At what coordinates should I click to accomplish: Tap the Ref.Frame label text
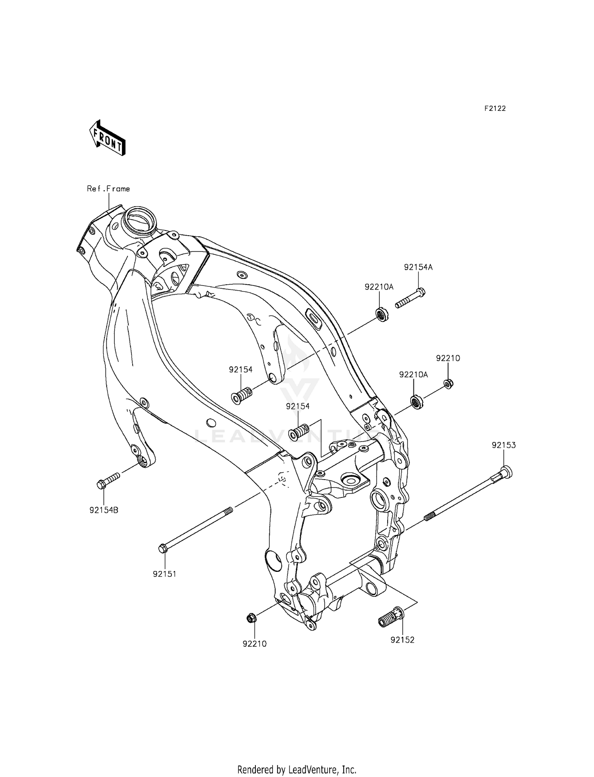pyautogui.click(x=108, y=189)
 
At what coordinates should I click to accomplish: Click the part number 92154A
pyautogui.click(x=418, y=267)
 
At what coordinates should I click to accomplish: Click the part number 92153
pyautogui.click(x=504, y=445)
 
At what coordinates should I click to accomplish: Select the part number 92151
pyautogui.click(x=164, y=574)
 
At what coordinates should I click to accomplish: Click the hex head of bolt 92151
pyautogui.click(x=162, y=549)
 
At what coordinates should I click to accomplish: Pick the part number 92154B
pyautogui.click(x=104, y=510)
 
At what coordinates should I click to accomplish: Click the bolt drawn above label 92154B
pyautogui.click(x=108, y=480)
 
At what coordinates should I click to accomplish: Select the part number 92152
pyautogui.click(x=402, y=640)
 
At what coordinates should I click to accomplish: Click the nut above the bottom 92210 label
pyautogui.click(x=251, y=617)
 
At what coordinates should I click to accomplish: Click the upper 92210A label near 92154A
pyautogui.click(x=379, y=287)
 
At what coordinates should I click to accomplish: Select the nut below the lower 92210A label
pyautogui.click(x=416, y=402)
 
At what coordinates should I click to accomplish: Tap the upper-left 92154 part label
pyautogui.click(x=240, y=369)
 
